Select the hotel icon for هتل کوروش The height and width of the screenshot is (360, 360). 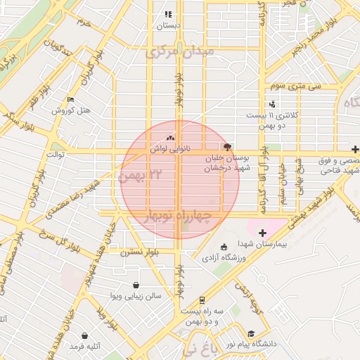click(x=70, y=100)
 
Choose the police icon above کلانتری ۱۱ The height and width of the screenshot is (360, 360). click(x=272, y=104)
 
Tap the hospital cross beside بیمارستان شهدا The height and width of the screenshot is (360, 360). click(x=263, y=232)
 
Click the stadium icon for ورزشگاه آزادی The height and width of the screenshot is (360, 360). click(x=224, y=247)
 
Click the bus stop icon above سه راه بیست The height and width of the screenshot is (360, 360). click(x=202, y=300)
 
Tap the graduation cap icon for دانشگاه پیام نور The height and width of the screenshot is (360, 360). click(x=252, y=333)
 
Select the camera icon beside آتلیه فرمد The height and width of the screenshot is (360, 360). click(x=85, y=336)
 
